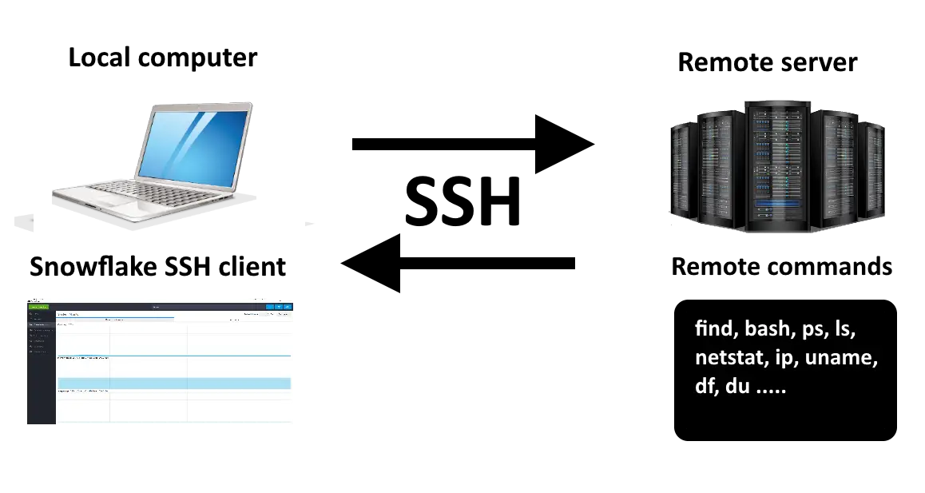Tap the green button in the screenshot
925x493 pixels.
38,307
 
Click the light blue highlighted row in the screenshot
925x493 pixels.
173,384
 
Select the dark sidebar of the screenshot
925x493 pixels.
40,368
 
